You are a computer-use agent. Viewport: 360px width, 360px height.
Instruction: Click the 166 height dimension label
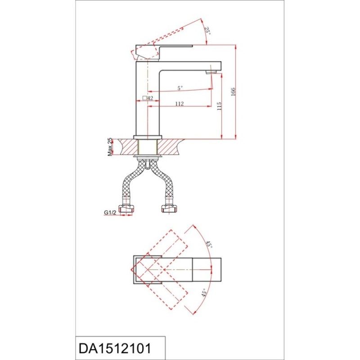233,92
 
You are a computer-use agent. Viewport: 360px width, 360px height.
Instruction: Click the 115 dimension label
219,106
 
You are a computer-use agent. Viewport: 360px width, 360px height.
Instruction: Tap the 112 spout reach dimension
179,104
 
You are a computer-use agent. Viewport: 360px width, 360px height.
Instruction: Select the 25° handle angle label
207,30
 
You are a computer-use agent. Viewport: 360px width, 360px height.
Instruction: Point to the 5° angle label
180,88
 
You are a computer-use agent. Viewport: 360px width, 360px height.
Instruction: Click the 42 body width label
150,98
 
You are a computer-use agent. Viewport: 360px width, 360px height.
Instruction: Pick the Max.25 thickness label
110,147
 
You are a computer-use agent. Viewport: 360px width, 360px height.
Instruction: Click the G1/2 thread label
110,212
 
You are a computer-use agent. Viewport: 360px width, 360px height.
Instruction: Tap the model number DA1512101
115,348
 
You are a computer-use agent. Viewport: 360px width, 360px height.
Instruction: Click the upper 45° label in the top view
209,244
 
